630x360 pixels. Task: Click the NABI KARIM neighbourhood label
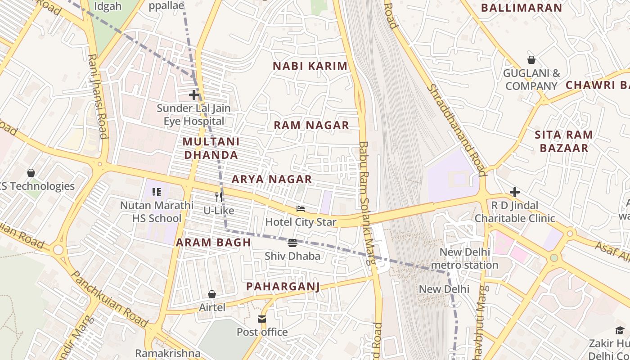310,66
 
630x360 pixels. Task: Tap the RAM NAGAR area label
311,126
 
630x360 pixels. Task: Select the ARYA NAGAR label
271,180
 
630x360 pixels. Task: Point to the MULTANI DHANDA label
211,148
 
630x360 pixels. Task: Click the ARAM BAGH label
213,243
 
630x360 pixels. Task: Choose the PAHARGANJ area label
283,287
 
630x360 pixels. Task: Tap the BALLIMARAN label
522,8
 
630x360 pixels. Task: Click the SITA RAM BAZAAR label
564,141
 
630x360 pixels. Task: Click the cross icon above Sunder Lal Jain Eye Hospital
194,95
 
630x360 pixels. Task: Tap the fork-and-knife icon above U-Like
219,197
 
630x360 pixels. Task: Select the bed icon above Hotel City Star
301,208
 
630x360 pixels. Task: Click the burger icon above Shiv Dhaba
292,243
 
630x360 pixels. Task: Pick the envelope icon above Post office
262,319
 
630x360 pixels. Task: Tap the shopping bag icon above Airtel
212,294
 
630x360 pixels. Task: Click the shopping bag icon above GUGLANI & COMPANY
531,60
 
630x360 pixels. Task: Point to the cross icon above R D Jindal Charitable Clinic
515,192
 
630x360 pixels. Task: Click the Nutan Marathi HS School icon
157,192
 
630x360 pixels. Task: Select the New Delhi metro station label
464,258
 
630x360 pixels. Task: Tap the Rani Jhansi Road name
98,96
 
